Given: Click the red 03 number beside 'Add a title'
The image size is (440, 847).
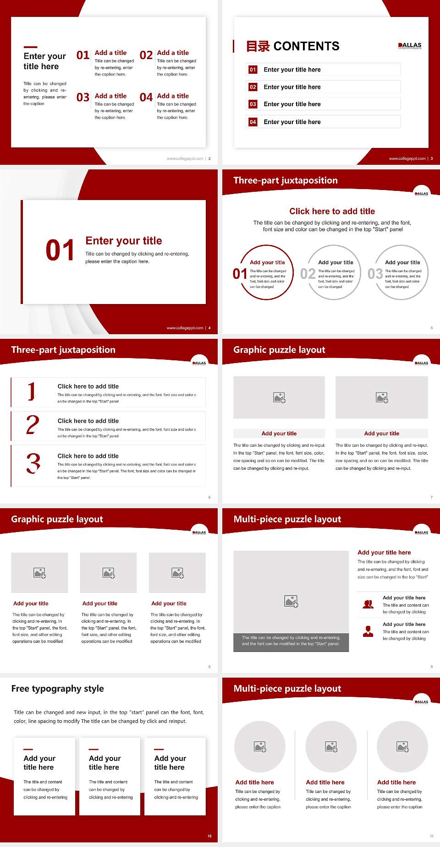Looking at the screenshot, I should [83, 98].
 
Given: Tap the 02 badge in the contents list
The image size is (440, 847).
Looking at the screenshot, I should [253, 87].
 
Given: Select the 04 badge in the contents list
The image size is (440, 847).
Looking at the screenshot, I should [253, 122].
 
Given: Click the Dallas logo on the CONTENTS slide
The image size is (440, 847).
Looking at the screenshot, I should [410, 46].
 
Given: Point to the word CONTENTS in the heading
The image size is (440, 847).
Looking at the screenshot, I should [306, 46].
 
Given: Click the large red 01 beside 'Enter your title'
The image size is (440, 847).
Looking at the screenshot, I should [60, 250].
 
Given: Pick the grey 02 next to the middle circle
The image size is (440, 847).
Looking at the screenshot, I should [308, 274].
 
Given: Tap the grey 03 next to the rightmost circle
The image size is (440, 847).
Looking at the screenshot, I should [375, 274].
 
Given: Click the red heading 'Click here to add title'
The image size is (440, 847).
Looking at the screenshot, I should [332, 211].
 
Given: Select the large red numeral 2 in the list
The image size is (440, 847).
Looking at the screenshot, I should [33, 425].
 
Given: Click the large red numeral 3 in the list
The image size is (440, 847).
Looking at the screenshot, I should [33, 463].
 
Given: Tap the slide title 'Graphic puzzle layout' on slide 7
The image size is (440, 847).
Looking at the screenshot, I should [279, 350].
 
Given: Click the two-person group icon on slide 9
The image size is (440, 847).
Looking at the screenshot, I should [368, 604].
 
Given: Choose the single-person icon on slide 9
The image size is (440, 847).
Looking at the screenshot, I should [368, 631].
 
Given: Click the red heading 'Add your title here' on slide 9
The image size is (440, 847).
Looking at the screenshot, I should [384, 553].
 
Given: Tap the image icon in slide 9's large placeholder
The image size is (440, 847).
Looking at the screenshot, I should [291, 601].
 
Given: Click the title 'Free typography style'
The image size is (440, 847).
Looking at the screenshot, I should [57, 689].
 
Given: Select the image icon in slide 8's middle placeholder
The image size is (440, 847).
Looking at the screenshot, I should [109, 573].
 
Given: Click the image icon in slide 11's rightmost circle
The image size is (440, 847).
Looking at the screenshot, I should [402, 747].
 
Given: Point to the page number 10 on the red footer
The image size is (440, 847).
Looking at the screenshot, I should [209, 836].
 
